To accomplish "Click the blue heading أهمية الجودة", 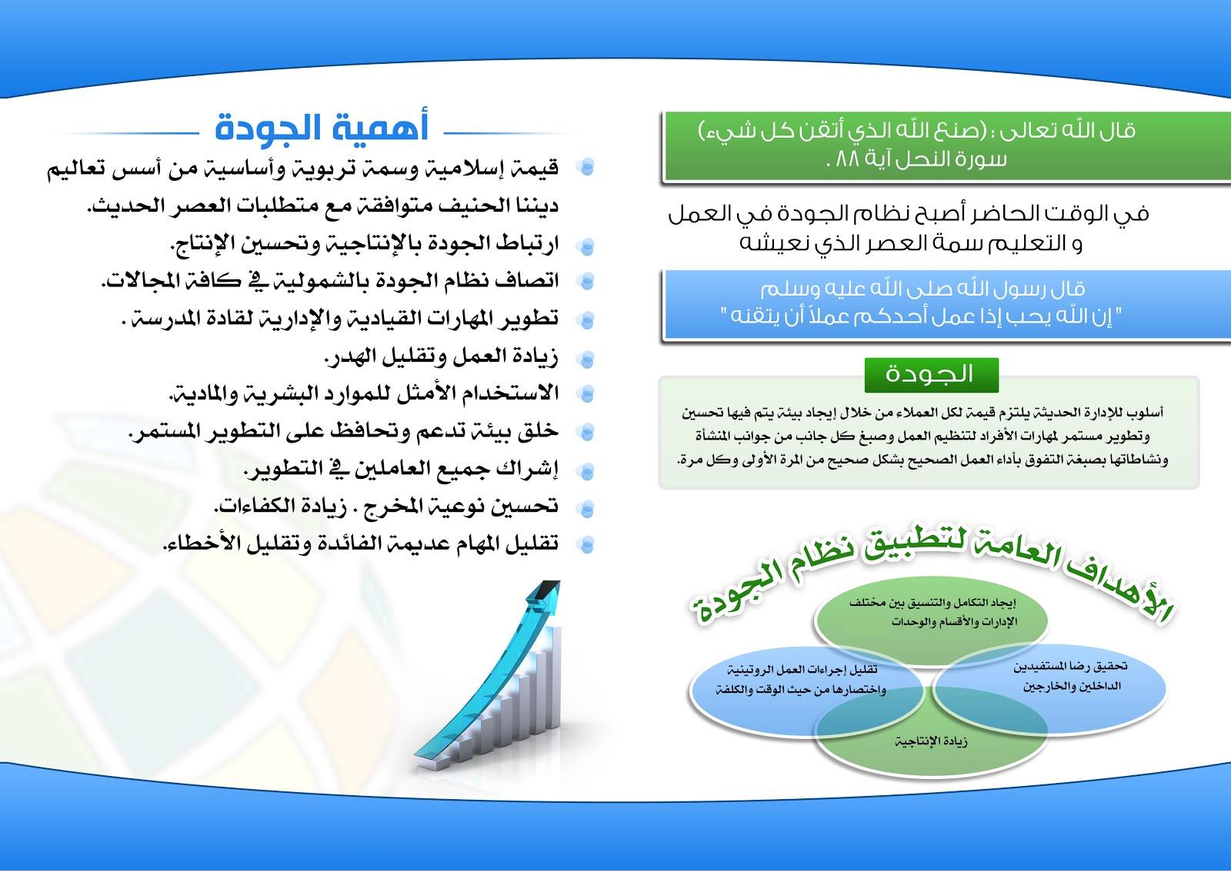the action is pyautogui.click(x=322, y=128).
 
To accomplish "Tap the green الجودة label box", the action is pyautogui.click(x=931, y=375).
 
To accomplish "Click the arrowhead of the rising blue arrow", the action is pyautogui.click(x=545, y=597).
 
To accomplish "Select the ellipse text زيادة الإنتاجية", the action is pyautogui.click(x=931, y=742).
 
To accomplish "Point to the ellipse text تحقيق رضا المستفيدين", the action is pyautogui.click(x=1070, y=667).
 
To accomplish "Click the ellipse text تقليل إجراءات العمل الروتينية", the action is pyautogui.click(x=802, y=669).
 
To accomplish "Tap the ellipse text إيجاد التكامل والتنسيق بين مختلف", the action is pyautogui.click(x=932, y=603).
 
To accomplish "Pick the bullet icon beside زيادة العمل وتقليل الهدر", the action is pyautogui.click(x=586, y=359).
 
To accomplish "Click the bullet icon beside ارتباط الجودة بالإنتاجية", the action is pyautogui.click(x=586, y=246).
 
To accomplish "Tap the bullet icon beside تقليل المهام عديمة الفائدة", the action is pyautogui.click(x=586, y=544).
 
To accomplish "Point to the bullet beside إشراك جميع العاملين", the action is pyautogui.click(x=586, y=470).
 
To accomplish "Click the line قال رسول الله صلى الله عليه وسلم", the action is pyautogui.click(x=922, y=289).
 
